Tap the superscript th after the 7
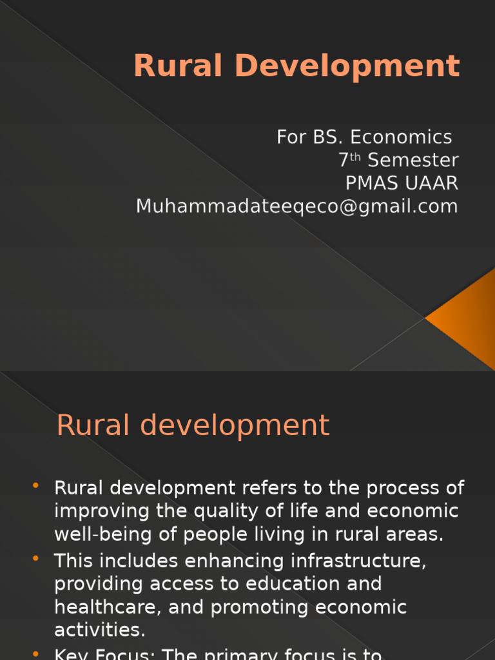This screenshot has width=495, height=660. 355,157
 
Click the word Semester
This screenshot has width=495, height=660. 413,160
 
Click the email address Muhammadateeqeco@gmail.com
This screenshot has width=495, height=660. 297,207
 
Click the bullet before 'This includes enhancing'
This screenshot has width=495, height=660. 35,558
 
